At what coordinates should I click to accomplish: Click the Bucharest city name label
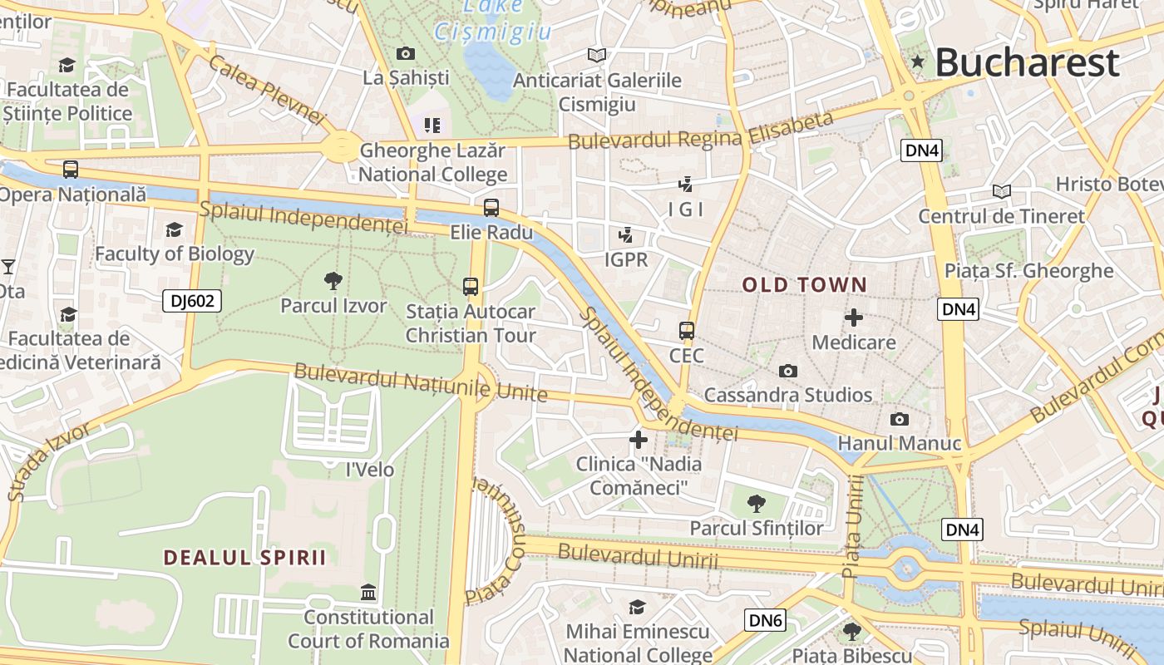(x=1028, y=62)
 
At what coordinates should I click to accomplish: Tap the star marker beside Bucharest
(x=918, y=61)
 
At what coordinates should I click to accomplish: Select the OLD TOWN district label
(x=804, y=285)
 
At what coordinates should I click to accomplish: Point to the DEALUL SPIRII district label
(x=244, y=557)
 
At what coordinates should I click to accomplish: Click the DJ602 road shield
(x=192, y=301)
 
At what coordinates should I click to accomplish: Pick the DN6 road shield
(x=765, y=619)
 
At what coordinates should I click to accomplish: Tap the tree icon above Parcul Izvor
(x=333, y=280)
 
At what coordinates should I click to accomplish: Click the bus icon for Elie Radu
(x=491, y=208)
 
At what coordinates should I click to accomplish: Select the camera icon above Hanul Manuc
(x=899, y=419)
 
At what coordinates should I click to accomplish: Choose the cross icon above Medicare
(x=853, y=318)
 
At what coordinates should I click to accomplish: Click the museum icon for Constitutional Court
(x=368, y=592)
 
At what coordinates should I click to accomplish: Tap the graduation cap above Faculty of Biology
(x=174, y=229)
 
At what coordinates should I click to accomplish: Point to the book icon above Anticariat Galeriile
(x=596, y=56)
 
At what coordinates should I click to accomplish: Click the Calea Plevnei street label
(x=266, y=89)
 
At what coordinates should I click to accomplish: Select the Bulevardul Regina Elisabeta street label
(x=700, y=132)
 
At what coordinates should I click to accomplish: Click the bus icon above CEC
(x=686, y=331)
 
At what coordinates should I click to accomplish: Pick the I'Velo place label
(x=369, y=470)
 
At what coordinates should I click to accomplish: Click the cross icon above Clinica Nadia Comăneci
(x=639, y=439)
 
